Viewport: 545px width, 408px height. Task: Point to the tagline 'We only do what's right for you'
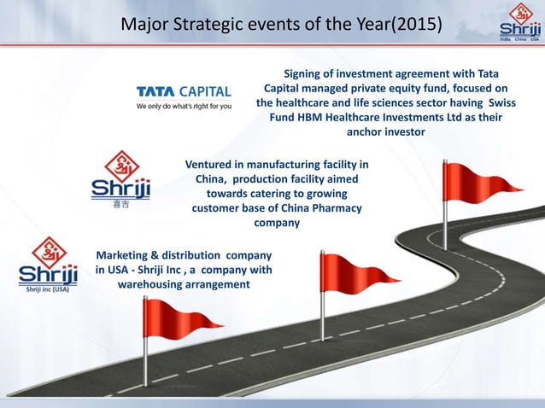point(184,107)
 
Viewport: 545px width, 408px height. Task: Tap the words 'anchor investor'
point(384,133)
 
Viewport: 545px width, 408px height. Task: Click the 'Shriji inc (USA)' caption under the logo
point(48,289)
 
